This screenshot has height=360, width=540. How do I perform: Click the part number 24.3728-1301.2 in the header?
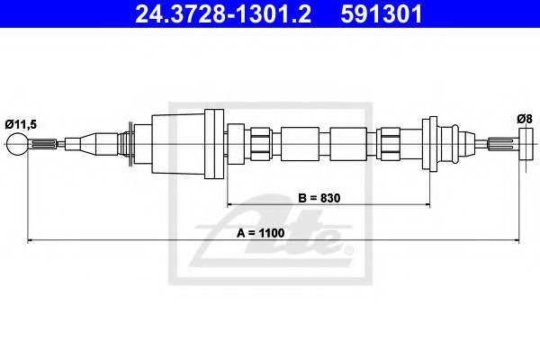pyautogui.click(x=223, y=14)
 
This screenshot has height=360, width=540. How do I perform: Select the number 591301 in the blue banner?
pyautogui.click(x=382, y=14)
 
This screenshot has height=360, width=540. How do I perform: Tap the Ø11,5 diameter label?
pyautogui.click(x=21, y=124)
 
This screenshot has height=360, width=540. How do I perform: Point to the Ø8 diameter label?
pyautogui.click(x=525, y=119)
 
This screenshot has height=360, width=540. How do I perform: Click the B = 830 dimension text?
pyautogui.click(x=319, y=198)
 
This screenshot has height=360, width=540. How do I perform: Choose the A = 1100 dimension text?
pyautogui.click(x=260, y=233)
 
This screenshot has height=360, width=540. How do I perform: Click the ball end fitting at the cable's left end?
pyautogui.click(x=18, y=144)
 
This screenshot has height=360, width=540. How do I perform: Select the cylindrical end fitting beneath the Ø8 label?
pyautogui.click(x=526, y=144)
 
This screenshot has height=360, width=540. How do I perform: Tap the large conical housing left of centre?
pyautogui.click(x=178, y=144)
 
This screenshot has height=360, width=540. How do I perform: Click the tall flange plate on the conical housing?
pyautogui.click(x=214, y=144)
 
